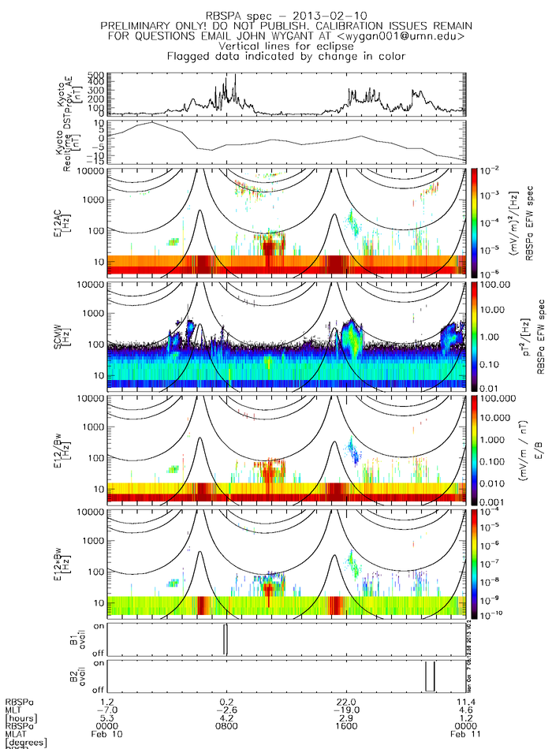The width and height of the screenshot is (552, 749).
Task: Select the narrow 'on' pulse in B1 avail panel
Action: click(226, 639)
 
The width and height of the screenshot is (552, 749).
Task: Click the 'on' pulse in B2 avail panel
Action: click(430, 676)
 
